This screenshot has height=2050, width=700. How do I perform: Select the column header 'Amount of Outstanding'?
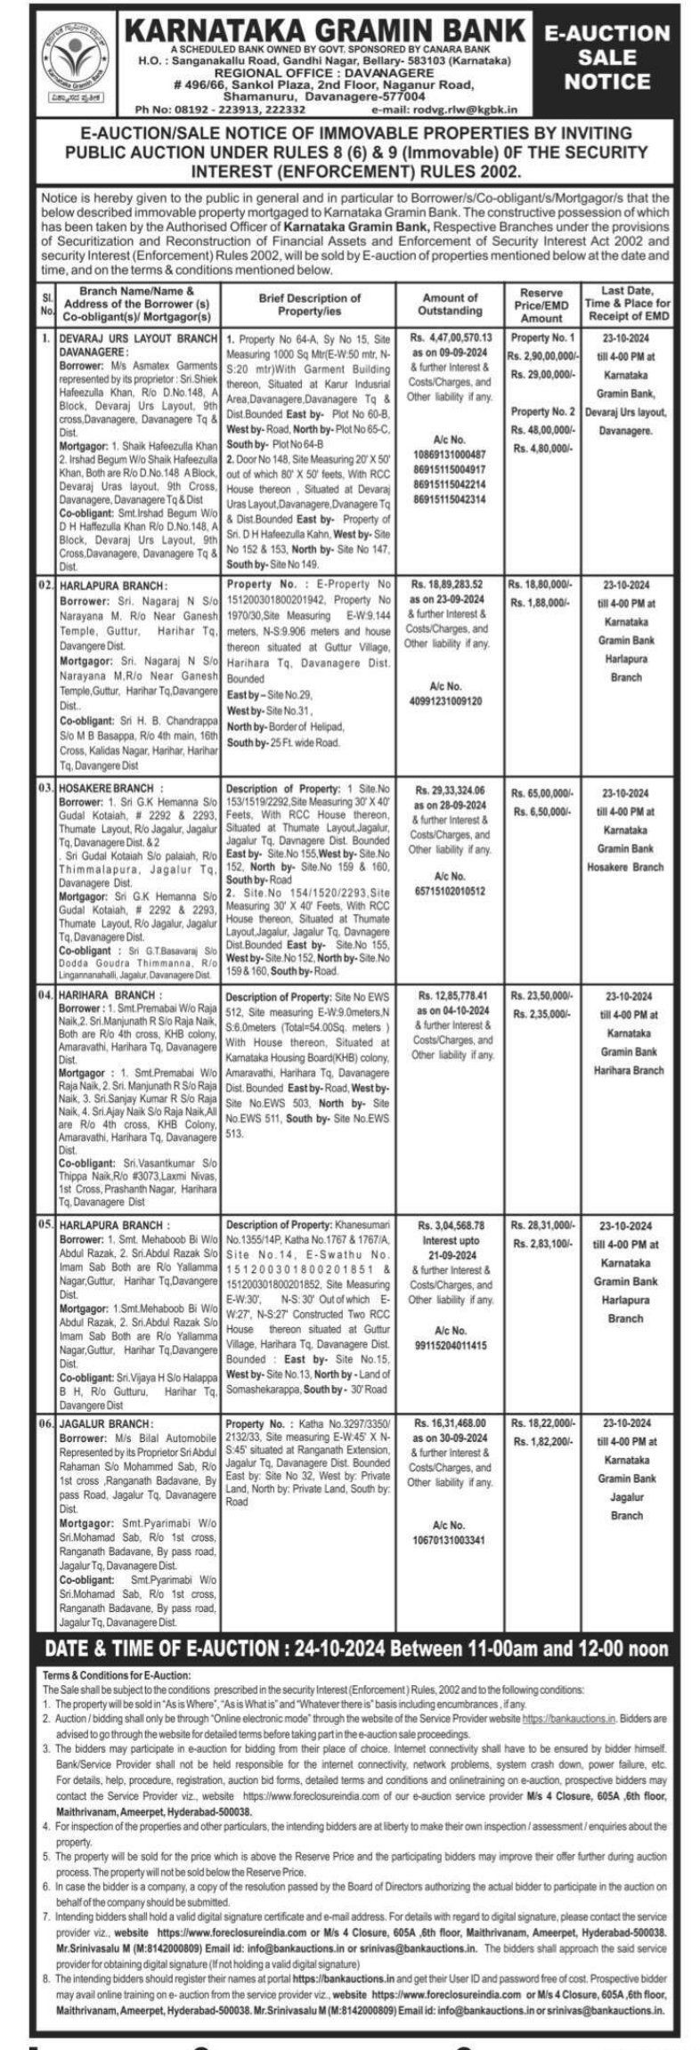tap(450, 304)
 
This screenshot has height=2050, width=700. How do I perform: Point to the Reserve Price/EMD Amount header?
tap(541, 304)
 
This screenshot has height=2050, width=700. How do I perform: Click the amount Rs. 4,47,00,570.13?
tap(452, 338)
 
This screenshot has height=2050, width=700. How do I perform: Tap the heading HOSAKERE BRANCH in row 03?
tap(112, 789)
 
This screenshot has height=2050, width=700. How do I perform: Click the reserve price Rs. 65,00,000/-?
tap(541, 791)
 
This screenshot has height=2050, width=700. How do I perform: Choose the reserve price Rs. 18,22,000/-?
tap(541, 1424)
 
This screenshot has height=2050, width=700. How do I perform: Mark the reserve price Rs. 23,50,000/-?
tap(541, 996)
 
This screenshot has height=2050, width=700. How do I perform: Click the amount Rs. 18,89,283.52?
tap(449, 585)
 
